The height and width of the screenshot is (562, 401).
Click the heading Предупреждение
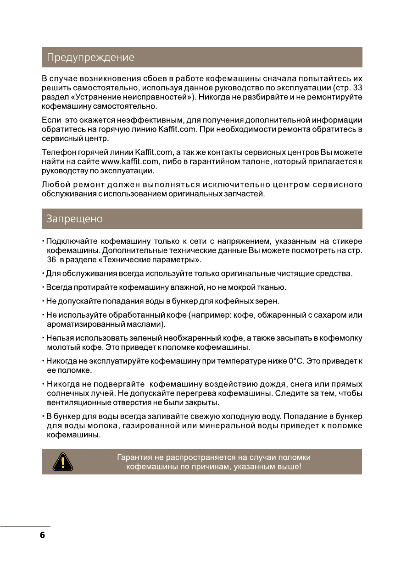point(91,58)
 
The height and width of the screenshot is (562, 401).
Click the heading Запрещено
point(74,219)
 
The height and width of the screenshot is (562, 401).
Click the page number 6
point(42,535)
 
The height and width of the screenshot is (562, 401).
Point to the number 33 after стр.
point(357,87)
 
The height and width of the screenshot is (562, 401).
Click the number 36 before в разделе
point(52,260)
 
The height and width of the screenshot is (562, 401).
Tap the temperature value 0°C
point(298,361)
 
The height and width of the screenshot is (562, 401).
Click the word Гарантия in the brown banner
point(134,458)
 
